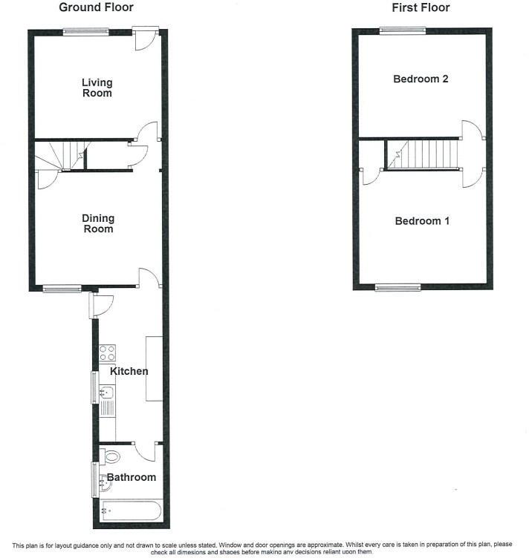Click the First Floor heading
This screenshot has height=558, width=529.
coord(421,8)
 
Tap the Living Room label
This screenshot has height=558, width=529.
coord(97,88)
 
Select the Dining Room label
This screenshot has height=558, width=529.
coord(98,223)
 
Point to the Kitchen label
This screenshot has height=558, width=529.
coord(129,371)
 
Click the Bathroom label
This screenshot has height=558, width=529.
coord(132,477)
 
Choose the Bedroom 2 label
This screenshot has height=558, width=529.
coord(421,79)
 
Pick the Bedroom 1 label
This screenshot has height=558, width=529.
coord(421,221)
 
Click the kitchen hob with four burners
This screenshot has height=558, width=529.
coord(106,352)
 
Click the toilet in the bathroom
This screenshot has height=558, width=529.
coord(112,454)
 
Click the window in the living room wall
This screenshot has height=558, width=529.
coord(85,30)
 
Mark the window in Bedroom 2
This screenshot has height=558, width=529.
coord(403,30)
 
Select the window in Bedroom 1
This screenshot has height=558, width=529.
coord(397,288)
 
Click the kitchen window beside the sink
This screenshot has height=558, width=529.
coord(94,388)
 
